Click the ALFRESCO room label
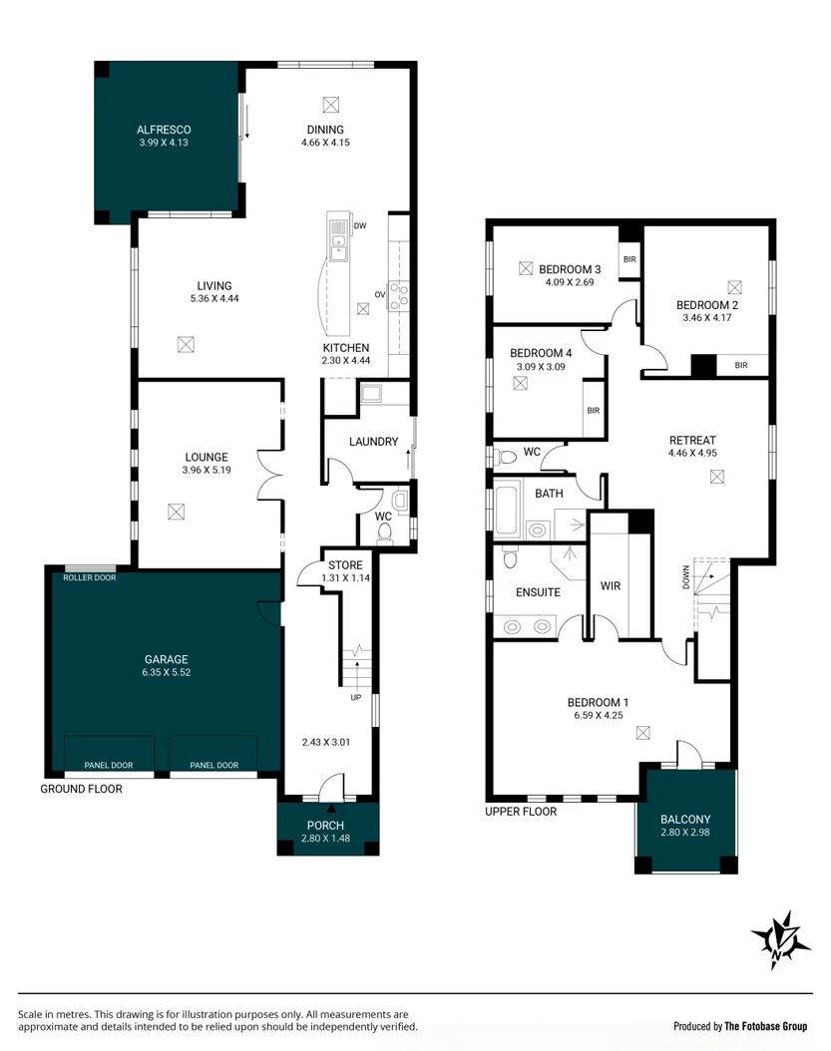tap(164, 130)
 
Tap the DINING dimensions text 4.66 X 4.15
tap(325, 143)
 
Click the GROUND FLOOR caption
tap(81, 789)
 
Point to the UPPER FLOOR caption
tap(521, 812)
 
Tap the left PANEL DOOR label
tap(109, 765)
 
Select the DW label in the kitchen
tap(361, 226)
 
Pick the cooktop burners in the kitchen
tap(399, 294)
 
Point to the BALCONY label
tap(685, 820)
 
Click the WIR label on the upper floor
tap(611, 586)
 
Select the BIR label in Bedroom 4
tap(593, 411)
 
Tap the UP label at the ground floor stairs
tap(356, 698)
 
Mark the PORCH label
tap(325, 825)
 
